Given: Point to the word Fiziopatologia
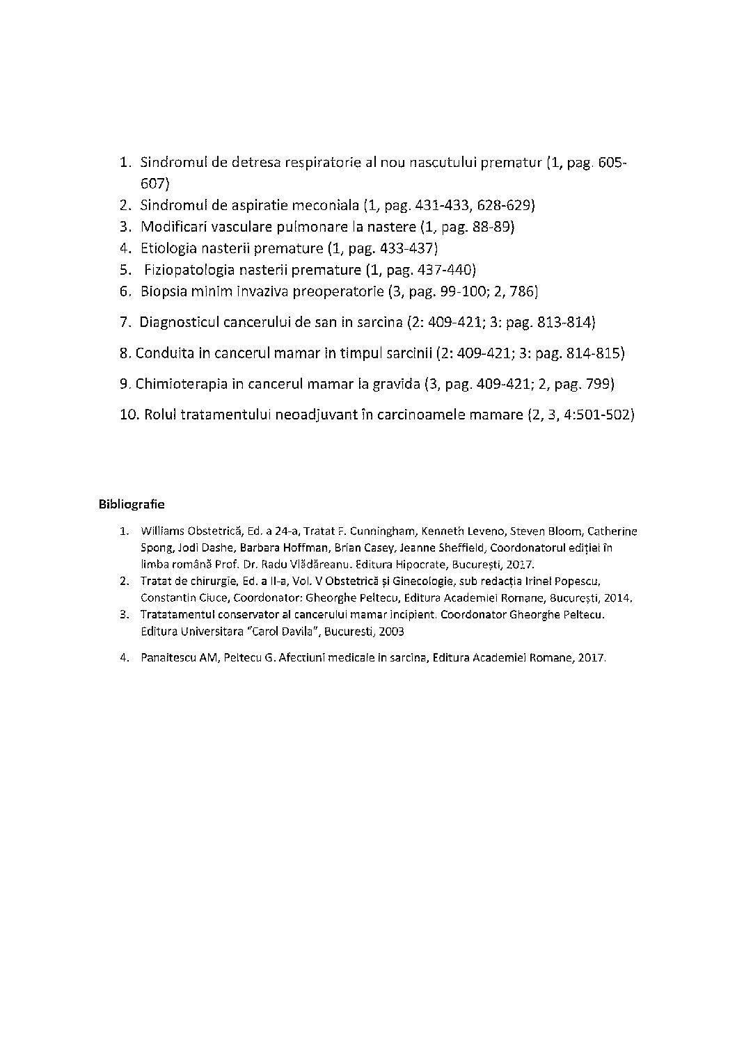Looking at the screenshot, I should (188, 270).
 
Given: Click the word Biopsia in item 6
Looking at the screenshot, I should (163, 291).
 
